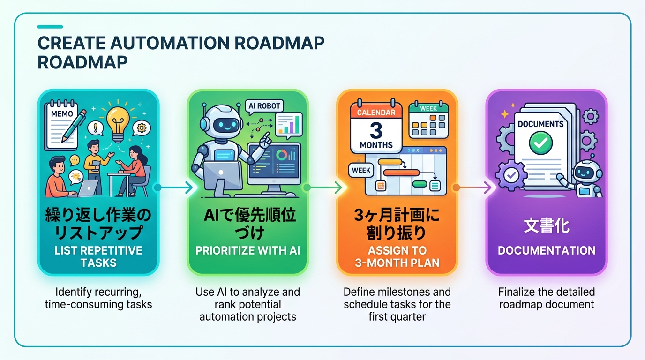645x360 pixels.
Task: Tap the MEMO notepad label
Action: pyautogui.click(x=62, y=113)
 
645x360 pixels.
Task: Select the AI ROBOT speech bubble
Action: pyautogui.click(x=264, y=106)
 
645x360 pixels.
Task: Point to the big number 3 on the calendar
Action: pyautogui.click(x=376, y=131)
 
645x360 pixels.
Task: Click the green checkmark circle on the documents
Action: pyautogui.click(x=541, y=142)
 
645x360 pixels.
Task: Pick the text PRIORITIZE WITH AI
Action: pyautogui.click(x=247, y=251)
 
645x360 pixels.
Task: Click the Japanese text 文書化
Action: pyautogui.click(x=546, y=226)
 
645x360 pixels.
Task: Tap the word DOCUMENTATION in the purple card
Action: pyautogui.click(x=547, y=251)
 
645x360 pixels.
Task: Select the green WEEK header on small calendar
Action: pyautogui.click(x=428, y=108)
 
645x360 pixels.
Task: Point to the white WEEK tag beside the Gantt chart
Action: pyautogui.click(x=361, y=170)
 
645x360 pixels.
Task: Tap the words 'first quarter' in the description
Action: pyautogui.click(x=397, y=317)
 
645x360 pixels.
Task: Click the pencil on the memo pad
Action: pyautogui.click(x=74, y=126)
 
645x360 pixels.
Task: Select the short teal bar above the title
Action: pyautogui.click(x=50, y=27)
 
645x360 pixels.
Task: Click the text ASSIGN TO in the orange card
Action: pyautogui.click(x=397, y=251)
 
